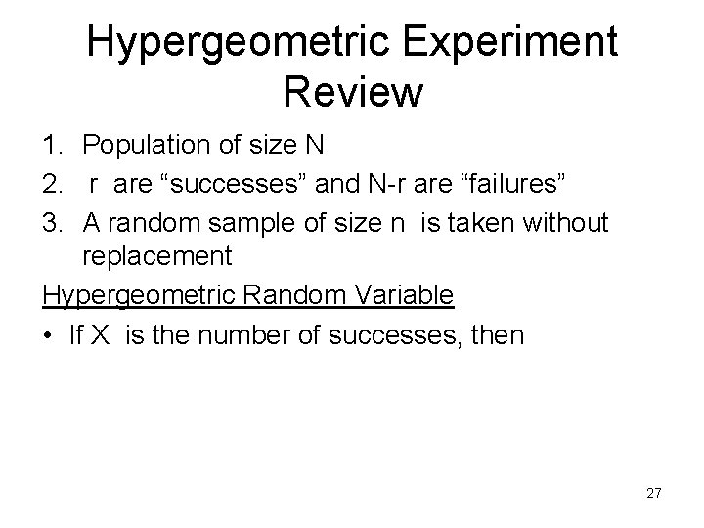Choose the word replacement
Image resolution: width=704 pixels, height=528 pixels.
[157, 257]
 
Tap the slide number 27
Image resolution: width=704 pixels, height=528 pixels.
[653, 493]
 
